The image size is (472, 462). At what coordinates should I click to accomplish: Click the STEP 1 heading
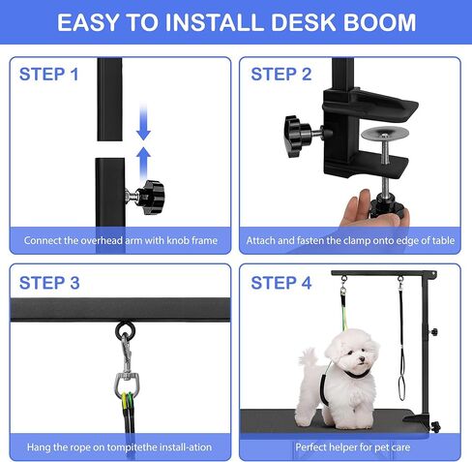coord(48,74)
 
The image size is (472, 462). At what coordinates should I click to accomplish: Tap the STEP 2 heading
coord(281,74)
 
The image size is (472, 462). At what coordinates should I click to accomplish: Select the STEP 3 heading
coord(48,283)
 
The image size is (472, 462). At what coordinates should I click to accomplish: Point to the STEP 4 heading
coord(281,283)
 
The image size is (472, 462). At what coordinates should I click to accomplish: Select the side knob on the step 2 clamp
coord(294,128)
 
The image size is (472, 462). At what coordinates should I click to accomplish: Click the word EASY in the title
coord(91,22)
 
